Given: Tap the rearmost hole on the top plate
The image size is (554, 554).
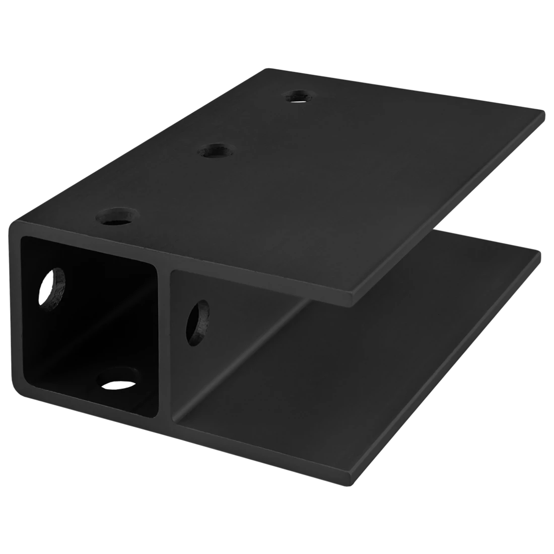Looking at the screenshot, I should (x=301, y=95).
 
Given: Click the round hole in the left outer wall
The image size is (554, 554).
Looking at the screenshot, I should (x=52, y=285).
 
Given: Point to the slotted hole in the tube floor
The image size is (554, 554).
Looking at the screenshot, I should (x=118, y=378).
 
